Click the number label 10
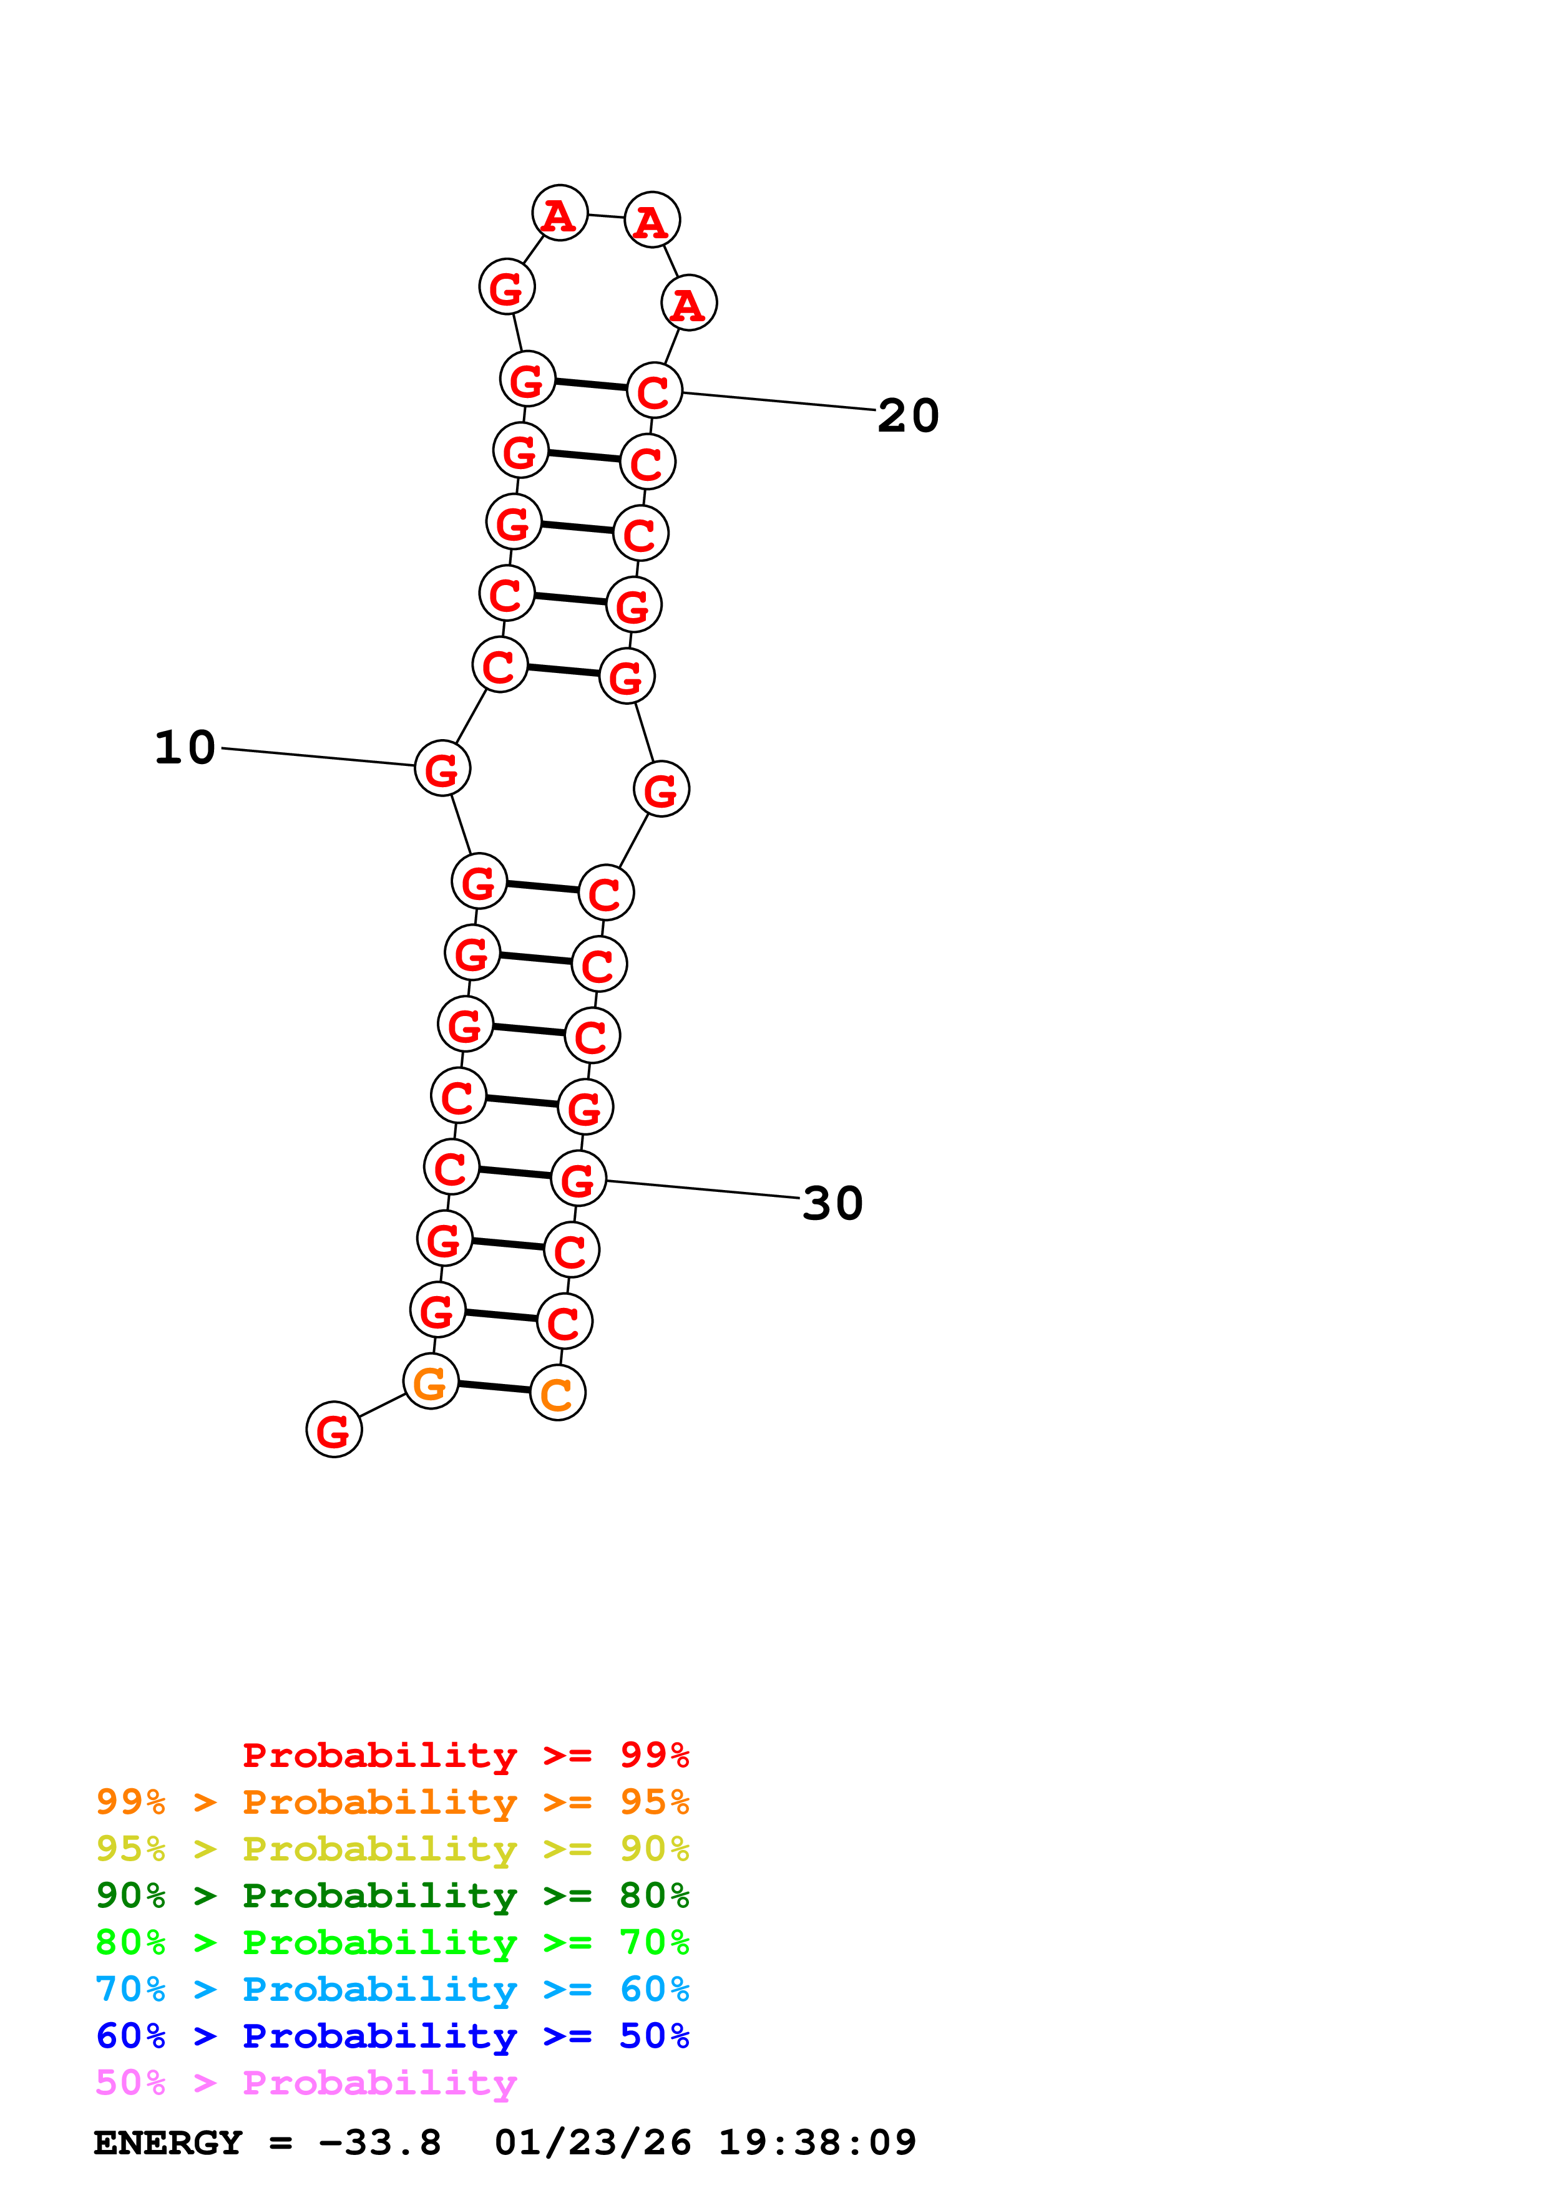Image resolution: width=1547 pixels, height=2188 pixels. click(x=185, y=747)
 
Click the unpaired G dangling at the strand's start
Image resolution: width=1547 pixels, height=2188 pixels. click(x=334, y=1430)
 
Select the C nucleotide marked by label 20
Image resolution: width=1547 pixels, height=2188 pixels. click(x=655, y=390)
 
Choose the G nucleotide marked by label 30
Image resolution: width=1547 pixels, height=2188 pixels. click(x=578, y=1179)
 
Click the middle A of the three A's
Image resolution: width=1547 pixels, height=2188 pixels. click(x=652, y=220)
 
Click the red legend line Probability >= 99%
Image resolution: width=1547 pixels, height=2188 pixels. click(x=465, y=1755)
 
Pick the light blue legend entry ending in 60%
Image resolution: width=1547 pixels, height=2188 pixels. click(x=392, y=1989)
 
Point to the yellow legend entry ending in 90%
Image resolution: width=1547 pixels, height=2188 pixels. click(x=392, y=1848)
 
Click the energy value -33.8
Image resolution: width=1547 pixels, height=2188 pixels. click(x=379, y=2143)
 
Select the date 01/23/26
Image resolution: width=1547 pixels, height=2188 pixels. click(x=592, y=2143)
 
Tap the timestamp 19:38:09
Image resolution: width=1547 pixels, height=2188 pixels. click(x=817, y=2143)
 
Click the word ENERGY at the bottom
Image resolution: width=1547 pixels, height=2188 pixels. click(x=168, y=2143)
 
